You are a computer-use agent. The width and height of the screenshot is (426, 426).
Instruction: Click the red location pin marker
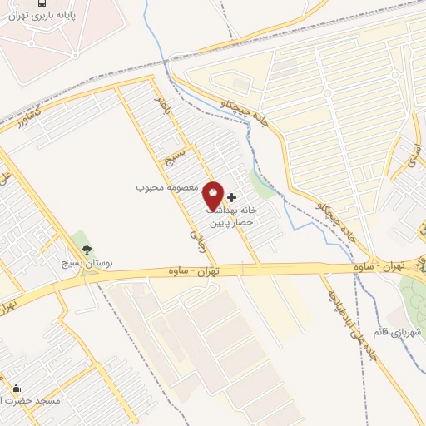[213, 196]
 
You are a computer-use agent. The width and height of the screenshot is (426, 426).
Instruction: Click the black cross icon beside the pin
[231, 197]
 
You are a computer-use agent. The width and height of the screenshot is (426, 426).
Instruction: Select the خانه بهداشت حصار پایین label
[234, 217]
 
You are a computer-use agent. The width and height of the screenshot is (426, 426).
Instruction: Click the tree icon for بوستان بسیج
[86, 249]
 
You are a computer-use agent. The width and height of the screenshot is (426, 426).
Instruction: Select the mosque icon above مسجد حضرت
[17, 388]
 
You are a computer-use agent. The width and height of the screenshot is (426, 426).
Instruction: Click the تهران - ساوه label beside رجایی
[197, 272]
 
